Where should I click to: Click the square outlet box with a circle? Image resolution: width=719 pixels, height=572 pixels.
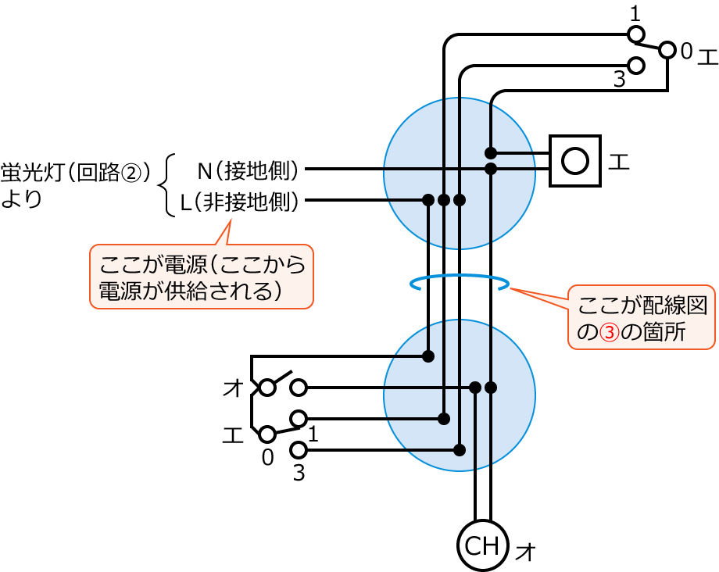coord(574,161)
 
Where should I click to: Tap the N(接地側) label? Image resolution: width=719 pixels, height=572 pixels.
coord(248,169)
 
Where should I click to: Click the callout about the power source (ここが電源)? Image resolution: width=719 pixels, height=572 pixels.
coord(201,277)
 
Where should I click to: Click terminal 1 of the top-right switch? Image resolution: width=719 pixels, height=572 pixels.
coord(637,34)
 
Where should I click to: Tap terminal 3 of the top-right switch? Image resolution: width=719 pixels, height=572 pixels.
coord(637,66)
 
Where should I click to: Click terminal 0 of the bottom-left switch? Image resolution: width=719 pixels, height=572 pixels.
coord(267,433)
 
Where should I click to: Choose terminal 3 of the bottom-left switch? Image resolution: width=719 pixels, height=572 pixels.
coord(298,449)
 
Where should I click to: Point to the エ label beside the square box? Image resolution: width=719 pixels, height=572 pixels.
coord(619,162)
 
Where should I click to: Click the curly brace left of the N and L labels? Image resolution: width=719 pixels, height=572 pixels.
coord(163,186)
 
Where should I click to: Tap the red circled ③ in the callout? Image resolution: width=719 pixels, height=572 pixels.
coord(606,331)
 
